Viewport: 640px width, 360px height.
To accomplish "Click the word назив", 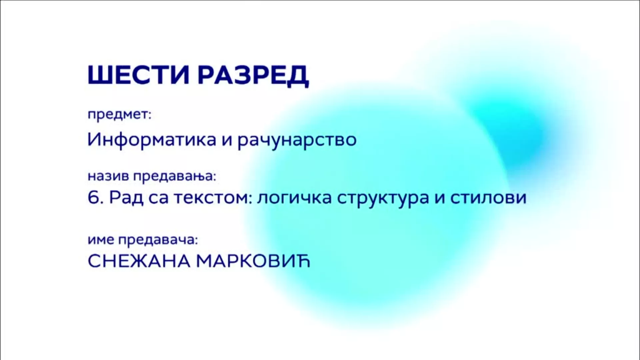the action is (108, 176).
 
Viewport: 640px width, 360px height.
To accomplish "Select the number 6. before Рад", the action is (96, 198).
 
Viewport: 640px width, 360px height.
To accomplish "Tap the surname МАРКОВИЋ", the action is (253, 261).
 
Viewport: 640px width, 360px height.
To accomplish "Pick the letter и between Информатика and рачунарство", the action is (227, 141).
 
